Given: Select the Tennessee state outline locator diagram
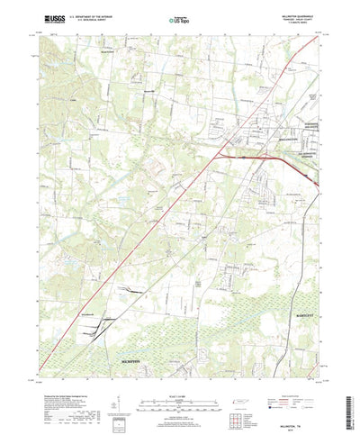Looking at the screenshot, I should tap(232, 382).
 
